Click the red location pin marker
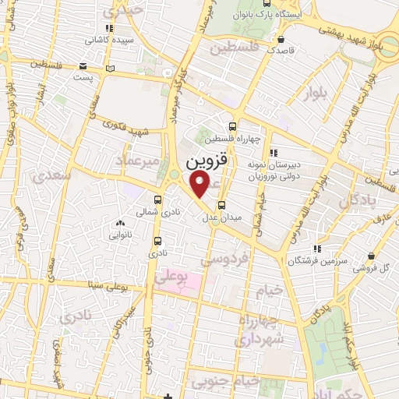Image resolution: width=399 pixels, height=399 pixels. click(201, 184)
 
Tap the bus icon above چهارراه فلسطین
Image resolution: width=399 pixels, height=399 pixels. click(232, 127)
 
